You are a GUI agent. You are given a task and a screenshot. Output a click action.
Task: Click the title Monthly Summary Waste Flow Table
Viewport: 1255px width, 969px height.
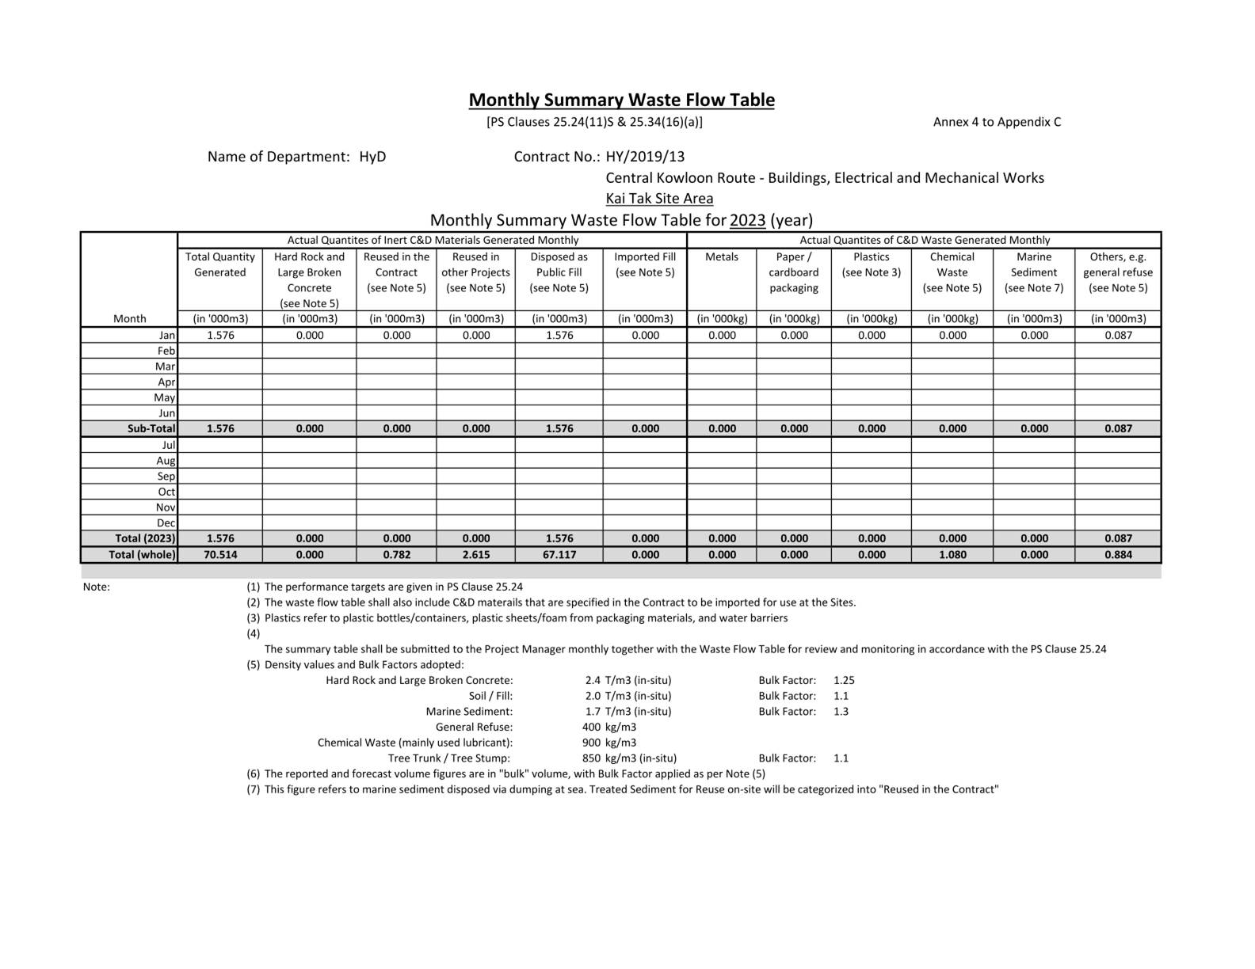pos(621,100)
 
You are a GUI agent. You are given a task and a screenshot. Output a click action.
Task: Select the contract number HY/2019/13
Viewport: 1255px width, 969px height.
pos(645,156)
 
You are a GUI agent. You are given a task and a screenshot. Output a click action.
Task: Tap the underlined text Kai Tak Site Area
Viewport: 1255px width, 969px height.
pos(659,198)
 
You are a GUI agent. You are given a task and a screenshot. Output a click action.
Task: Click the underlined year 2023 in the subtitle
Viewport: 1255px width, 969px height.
pos(747,220)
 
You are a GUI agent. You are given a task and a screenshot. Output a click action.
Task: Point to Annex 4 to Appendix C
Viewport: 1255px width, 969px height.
pos(997,122)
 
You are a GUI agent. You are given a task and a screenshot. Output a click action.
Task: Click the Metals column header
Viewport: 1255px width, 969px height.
pos(721,256)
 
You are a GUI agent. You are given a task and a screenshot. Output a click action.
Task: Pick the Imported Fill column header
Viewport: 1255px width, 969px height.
pos(645,264)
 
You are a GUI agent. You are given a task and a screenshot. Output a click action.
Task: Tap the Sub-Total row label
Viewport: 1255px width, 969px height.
pos(151,428)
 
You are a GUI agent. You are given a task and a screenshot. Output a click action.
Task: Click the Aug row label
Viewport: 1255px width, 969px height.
pos(166,460)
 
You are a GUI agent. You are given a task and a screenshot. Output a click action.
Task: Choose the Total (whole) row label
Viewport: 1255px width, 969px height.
pos(142,554)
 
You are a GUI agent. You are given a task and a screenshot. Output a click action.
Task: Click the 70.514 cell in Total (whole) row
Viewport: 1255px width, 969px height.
pos(220,554)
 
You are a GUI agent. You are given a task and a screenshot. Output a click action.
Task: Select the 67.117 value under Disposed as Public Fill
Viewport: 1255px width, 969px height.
pos(559,554)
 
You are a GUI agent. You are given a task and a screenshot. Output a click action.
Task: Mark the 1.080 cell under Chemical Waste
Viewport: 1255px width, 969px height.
pos(952,554)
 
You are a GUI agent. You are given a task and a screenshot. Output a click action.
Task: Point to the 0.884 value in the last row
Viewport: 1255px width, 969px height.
pos(1118,554)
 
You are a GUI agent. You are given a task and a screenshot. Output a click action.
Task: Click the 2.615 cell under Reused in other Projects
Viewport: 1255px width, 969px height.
pos(476,554)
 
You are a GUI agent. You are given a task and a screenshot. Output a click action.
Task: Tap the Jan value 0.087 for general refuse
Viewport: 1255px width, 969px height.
pos(1118,335)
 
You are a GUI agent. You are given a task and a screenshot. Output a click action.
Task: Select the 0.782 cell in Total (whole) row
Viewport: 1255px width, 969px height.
pos(397,554)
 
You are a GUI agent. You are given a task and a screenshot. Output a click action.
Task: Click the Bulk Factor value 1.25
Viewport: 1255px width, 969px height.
pos(844,680)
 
